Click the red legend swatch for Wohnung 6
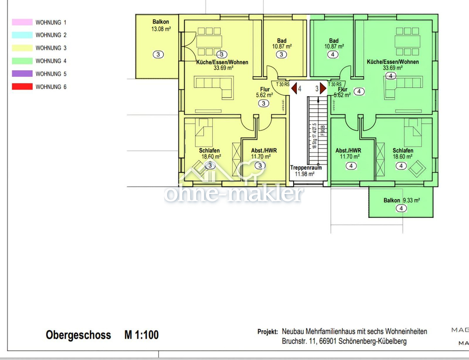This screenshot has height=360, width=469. [x=22, y=87]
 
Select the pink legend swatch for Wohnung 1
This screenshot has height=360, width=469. [x=22, y=22]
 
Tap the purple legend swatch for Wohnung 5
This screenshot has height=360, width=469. [x=22, y=74]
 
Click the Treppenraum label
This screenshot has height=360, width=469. [x=306, y=168]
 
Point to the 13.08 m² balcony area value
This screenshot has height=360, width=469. [x=161, y=29]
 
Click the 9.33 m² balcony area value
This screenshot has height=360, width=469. [x=411, y=200]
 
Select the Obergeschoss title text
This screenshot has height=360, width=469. [x=78, y=335]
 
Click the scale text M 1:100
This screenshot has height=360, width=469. [x=141, y=335]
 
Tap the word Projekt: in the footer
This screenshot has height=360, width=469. [x=268, y=332]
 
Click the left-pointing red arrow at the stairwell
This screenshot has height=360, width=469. [x=294, y=88]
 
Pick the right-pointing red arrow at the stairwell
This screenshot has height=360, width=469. [x=323, y=88]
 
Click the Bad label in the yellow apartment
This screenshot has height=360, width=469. [x=282, y=41]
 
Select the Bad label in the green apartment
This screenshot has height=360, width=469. [x=334, y=41]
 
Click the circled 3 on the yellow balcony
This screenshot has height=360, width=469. [x=158, y=54]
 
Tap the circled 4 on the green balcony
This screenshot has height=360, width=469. [x=401, y=208]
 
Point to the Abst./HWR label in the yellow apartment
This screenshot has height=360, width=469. [x=264, y=150]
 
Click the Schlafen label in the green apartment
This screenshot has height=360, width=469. [x=403, y=150]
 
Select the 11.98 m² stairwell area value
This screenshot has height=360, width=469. [x=304, y=174]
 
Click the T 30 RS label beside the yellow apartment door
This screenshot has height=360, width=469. [x=283, y=84]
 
